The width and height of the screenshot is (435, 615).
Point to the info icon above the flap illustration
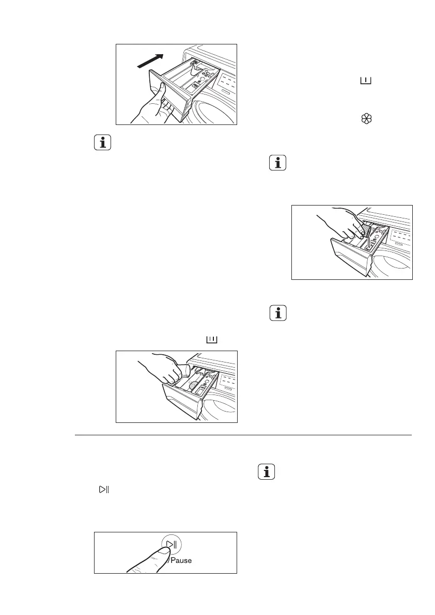click(278, 164)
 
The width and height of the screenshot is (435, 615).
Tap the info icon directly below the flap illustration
click(278, 313)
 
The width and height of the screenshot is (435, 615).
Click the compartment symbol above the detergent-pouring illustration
click(212, 339)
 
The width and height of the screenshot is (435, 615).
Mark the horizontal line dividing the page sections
click(243, 435)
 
